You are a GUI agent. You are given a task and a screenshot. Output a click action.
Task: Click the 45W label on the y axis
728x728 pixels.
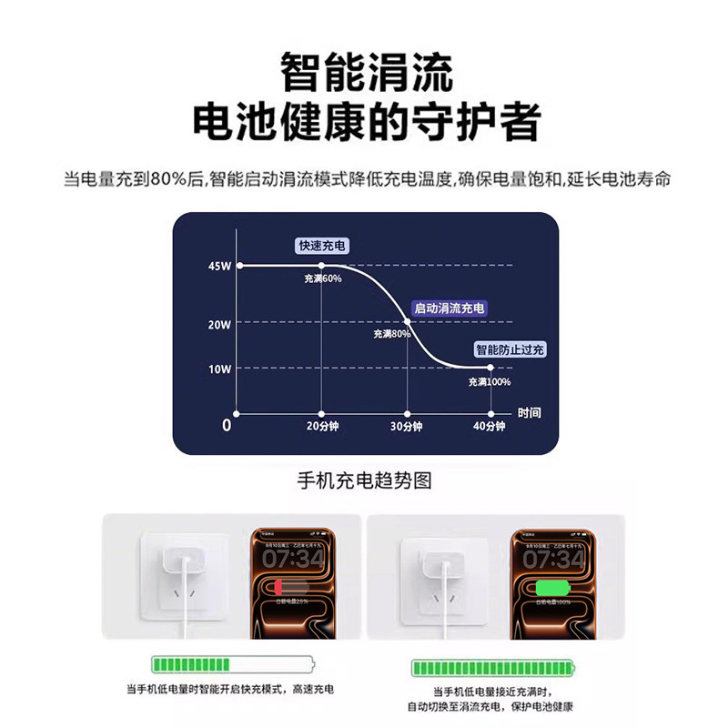pos(219,266)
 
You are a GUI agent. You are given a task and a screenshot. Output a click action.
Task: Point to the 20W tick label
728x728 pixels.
pos(219,323)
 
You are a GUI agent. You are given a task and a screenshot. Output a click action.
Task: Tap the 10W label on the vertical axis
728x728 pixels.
pos(219,369)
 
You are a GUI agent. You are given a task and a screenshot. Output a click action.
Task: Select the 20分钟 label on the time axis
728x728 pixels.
pos(321,426)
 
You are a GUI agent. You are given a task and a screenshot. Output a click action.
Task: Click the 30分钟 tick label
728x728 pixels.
pos(406,426)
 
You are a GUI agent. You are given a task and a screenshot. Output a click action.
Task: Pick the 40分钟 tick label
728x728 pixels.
pos(490,426)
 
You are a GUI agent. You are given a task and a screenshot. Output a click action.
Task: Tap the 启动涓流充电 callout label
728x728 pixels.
pos(450,308)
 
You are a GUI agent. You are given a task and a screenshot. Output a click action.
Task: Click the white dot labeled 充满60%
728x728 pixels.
pos(321,265)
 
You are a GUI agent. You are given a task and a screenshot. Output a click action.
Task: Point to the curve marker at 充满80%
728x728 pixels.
pos(406,321)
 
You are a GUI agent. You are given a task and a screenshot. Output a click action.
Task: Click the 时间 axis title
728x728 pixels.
pos(530,411)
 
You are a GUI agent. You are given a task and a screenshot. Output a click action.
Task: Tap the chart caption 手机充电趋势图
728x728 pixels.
pos(364,480)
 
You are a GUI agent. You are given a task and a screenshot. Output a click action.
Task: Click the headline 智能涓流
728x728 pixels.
pos(364,72)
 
